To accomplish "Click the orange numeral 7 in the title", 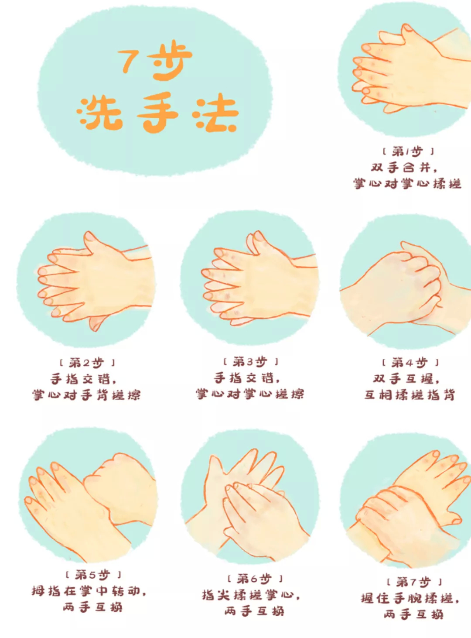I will point(129,61).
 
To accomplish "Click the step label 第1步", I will point(408,151).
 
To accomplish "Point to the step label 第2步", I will point(86,363).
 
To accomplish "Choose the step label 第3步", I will point(250,362).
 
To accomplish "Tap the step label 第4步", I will point(410,363).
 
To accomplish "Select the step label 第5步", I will point(92,574).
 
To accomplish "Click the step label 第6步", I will point(255,579).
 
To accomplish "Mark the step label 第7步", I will point(414,582).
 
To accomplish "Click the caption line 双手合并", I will point(403,168).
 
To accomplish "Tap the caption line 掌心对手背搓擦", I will point(86,395).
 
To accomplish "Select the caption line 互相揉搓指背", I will point(410,395).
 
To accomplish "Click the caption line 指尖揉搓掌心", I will point(251,595).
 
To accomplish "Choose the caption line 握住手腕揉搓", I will point(410,598).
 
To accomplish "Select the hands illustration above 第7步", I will point(408,502).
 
